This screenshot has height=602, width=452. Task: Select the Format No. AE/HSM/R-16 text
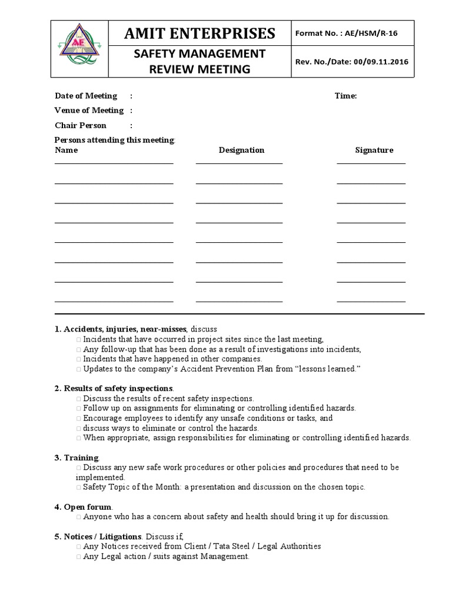(x=346, y=34)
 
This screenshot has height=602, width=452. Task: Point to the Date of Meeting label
(x=86, y=96)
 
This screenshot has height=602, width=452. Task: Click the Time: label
(x=346, y=96)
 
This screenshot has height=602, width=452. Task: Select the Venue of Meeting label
(x=89, y=111)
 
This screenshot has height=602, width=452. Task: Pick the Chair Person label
(x=81, y=125)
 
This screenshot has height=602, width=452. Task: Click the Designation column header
(x=241, y=150)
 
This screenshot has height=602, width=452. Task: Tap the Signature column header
(x=374, y=150)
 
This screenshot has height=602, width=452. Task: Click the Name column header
(x=66, y=150)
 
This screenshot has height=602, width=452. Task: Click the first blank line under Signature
(x=371, y=163)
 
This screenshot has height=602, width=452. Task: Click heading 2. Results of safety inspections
(x=114, y=388)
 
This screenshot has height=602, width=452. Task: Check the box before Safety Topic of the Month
(x=79, y=487)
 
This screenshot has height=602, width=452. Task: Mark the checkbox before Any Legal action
(x=79, y=556)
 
